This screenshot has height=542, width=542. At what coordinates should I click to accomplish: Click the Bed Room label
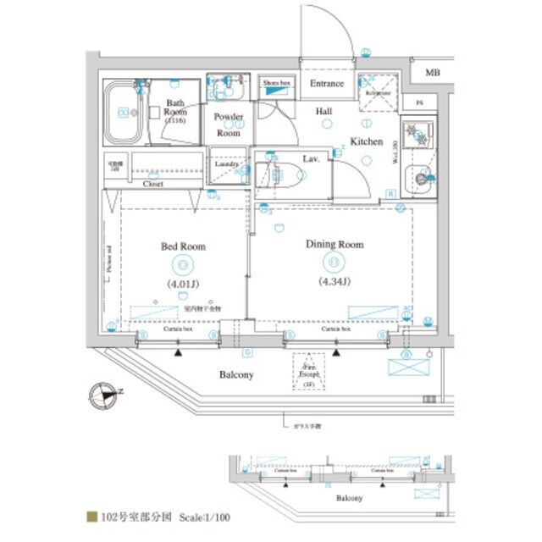tap(183, 246)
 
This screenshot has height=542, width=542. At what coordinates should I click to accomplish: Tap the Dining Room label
tap(334, 245)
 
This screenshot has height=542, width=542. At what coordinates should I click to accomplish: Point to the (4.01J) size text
tap(183, 284)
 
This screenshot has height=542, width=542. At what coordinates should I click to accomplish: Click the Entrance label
tap(326, 84)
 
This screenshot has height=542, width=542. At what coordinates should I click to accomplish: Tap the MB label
tap(433, 74)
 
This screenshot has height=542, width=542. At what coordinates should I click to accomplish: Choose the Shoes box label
tap(277, 84)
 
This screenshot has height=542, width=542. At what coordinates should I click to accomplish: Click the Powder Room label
tap(228, 124)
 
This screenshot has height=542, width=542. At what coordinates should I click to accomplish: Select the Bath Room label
tap(175, 111)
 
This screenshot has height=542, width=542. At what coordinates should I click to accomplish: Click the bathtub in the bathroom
tap(124, 113)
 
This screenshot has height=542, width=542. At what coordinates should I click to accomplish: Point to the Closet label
tap(153, 183)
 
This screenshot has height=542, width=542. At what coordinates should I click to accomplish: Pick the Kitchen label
tap(367, 141)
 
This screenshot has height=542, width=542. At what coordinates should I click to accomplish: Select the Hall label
tap(324, 111)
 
